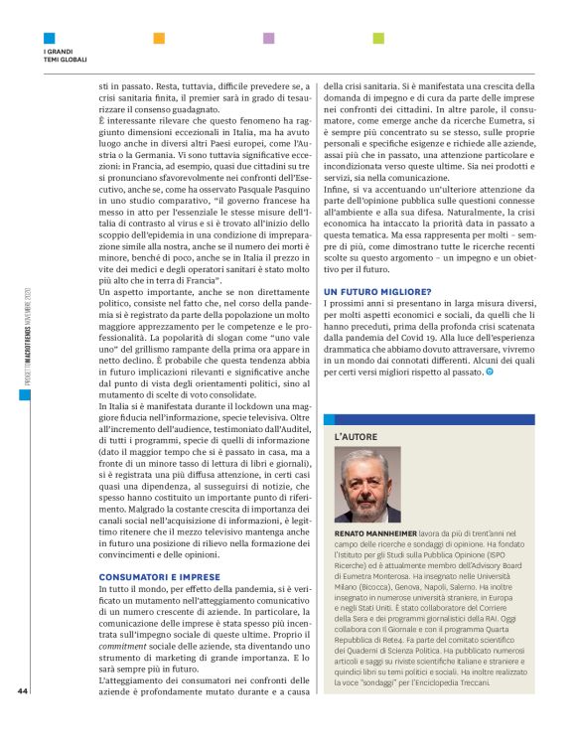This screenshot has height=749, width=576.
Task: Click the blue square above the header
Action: pos(49,39)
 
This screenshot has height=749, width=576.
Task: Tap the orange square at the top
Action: pos(159,39)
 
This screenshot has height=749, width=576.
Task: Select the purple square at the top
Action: pos(268,39)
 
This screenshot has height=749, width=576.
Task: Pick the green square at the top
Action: pos(378,39)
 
